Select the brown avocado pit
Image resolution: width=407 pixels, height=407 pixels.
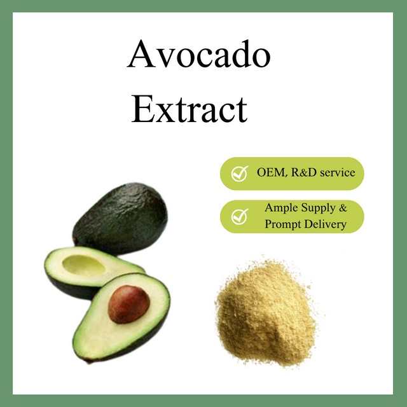coord(128,305)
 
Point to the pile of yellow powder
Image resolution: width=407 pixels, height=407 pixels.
coord(266,312)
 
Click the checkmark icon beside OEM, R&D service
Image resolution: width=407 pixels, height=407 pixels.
coord(239,173)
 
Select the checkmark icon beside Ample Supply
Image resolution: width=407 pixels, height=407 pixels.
coord(239,216)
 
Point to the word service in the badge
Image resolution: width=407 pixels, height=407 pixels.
coord(335,172)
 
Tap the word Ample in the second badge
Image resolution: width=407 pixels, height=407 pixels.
coord(281,209)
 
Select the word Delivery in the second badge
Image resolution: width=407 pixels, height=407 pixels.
coord(326,224)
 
